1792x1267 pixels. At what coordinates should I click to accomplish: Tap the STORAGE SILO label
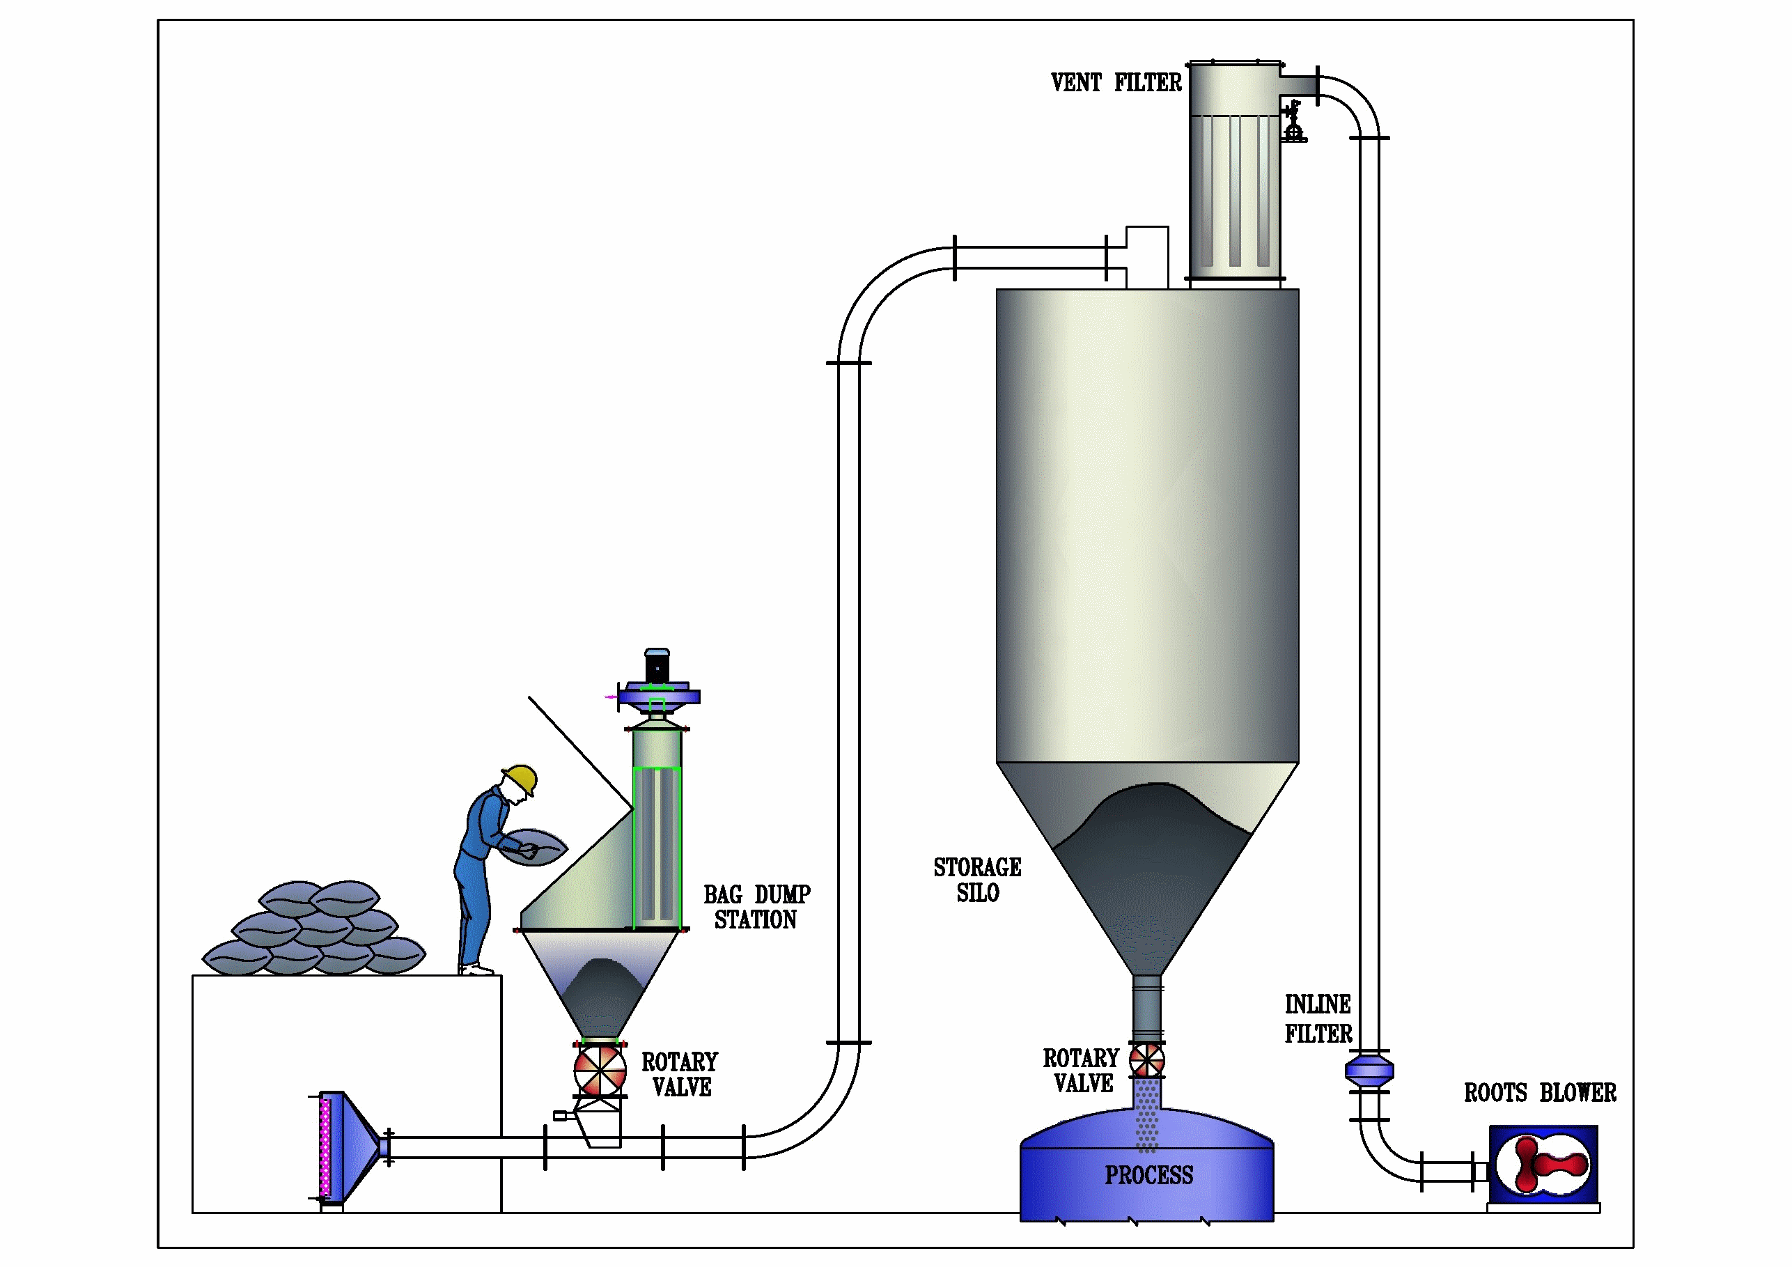(977, 880)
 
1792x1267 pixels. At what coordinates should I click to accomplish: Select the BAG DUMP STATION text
(756, 906)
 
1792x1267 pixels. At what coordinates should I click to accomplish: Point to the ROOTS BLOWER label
(1539, 1093)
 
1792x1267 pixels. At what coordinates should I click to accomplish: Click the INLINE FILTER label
(1318, 1019)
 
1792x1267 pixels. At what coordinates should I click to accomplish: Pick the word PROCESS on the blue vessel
(1149, 1175)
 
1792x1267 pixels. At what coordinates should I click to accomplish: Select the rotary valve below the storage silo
(1146, 1060)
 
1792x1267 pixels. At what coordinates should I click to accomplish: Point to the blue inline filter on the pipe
(1369, 1071)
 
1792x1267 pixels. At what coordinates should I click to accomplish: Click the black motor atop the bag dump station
(657, 668)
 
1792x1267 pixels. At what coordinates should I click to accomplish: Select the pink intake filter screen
(325, 1148)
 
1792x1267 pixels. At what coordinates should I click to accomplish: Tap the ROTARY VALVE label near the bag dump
(680, 1074)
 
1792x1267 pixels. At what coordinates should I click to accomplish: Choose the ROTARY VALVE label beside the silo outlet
(1082, 1071)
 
